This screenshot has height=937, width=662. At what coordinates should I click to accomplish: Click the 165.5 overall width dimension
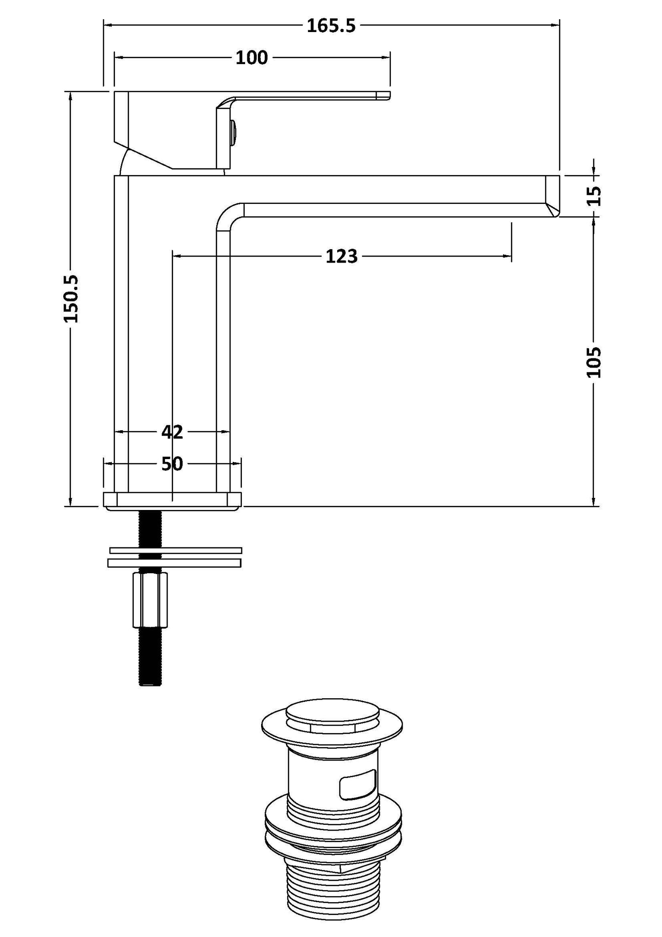click(331, 26)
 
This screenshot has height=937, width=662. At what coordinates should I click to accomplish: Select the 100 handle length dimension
click(252, 58)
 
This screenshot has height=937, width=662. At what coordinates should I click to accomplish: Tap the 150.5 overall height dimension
click(71, 299)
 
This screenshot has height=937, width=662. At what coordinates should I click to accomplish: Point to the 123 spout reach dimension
click(341, 256)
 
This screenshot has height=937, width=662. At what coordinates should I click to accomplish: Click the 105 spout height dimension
click(594, 362)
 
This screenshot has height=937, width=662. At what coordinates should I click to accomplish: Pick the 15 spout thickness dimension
click(594, 196)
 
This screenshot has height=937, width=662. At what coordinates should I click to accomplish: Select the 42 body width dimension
click(172, 432)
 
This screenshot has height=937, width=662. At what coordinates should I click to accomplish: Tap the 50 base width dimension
click(172, 464)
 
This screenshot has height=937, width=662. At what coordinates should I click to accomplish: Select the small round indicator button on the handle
click(234, 131)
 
